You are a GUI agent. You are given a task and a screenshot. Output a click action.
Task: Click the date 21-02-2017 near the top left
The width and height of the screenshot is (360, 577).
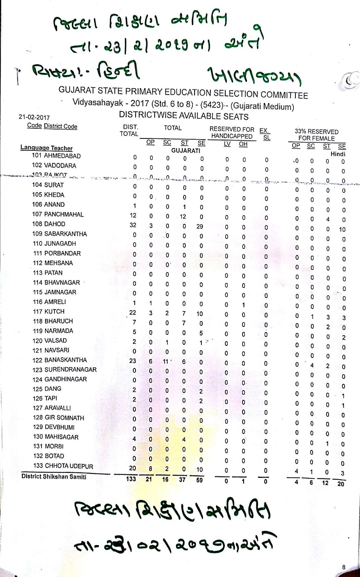tap(34, 117)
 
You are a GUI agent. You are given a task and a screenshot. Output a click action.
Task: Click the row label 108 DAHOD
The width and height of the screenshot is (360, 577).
tap(49, 224)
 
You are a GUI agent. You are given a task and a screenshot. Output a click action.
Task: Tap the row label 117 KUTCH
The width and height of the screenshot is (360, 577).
tap(49, 311)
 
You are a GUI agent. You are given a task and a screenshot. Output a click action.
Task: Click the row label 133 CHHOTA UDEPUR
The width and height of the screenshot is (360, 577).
tap(63, 466)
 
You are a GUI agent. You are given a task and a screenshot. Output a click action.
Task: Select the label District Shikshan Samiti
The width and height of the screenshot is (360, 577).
tap(54, 476)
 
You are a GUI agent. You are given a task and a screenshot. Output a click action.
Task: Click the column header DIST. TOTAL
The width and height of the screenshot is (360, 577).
tap(129, 131)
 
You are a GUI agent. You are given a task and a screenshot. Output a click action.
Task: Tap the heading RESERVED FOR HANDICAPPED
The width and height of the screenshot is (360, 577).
tap(232, 133)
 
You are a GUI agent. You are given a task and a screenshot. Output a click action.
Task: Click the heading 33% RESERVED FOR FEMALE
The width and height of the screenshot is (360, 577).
tap(316, 135)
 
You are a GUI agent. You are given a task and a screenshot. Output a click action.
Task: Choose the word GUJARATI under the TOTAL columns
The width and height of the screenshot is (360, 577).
tap(186, 150)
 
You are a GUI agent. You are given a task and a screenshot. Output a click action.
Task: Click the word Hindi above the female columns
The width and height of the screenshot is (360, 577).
tap(338, 154)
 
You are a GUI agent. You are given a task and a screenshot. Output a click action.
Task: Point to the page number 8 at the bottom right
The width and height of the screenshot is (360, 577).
tap(343, 567)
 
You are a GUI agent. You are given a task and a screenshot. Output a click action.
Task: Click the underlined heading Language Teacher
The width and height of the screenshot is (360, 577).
tap(46, 148)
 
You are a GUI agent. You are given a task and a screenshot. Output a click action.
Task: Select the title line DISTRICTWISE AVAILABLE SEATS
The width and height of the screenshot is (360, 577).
tap(184, 116)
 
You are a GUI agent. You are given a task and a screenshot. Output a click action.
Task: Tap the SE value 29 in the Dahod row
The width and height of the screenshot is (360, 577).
tap(200, 226)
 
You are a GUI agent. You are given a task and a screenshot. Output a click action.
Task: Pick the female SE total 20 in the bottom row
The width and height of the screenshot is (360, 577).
tap(341, 484)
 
